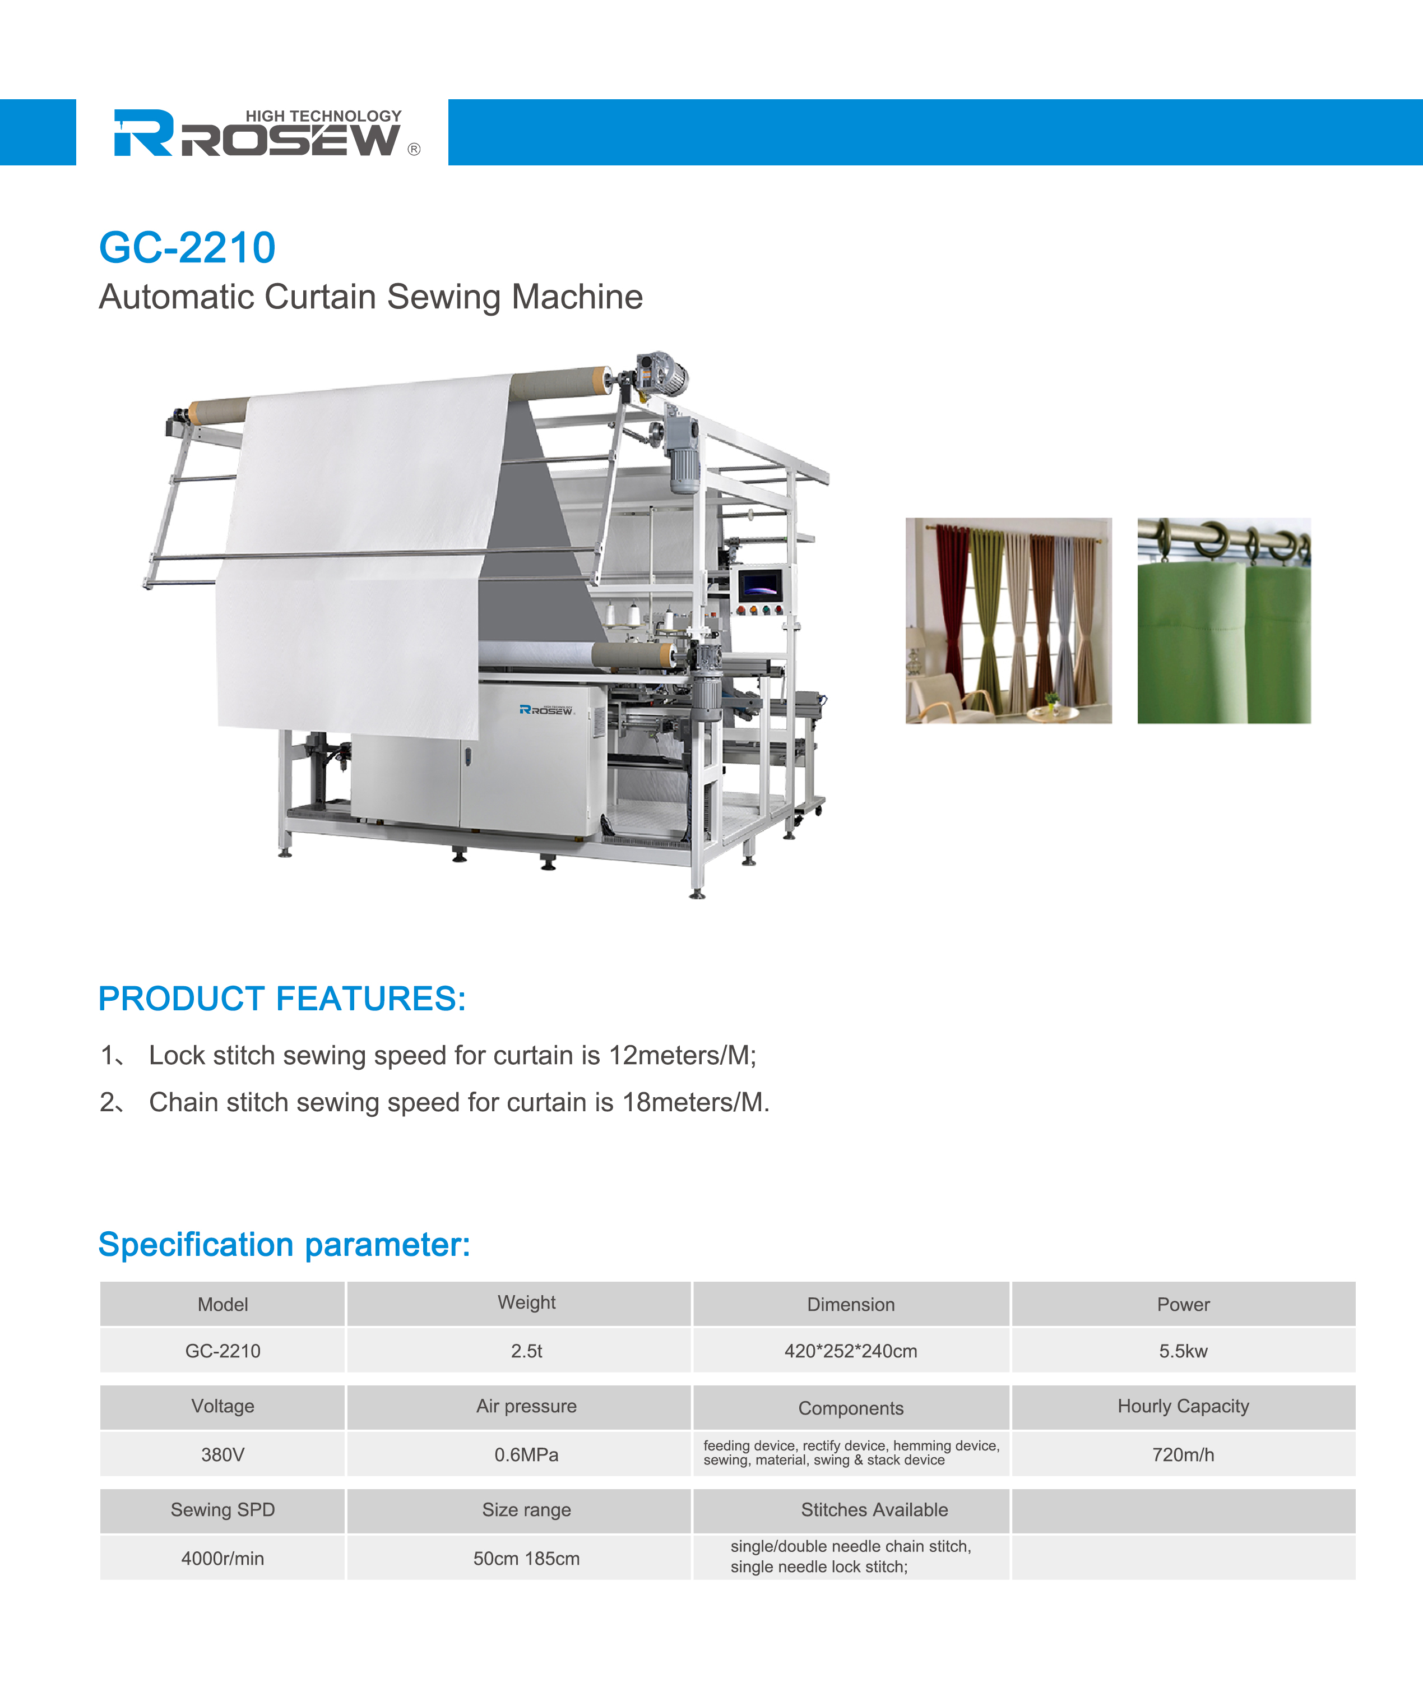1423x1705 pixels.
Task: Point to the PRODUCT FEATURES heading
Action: (282, 999)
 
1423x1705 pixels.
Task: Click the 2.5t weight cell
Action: (526, 1351)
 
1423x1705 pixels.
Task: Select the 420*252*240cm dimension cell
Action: (851, 1351)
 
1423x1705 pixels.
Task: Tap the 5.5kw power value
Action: (1183, 1351)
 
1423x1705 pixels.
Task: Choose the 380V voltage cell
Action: (223, 1454)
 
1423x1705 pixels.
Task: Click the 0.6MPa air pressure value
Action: (526, 1454)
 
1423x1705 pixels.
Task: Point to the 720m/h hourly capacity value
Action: (1183, 1454)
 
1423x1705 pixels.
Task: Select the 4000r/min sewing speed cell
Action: (223, 1558)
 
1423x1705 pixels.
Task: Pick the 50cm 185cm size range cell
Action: (526, 1558)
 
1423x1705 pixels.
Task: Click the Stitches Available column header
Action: (874, 1509)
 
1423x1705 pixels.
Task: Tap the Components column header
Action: (851, 1408)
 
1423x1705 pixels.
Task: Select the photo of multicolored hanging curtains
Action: (1008, 620)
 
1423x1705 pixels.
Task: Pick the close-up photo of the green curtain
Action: (1224, 620)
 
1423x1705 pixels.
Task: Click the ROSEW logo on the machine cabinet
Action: (547, 710)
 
